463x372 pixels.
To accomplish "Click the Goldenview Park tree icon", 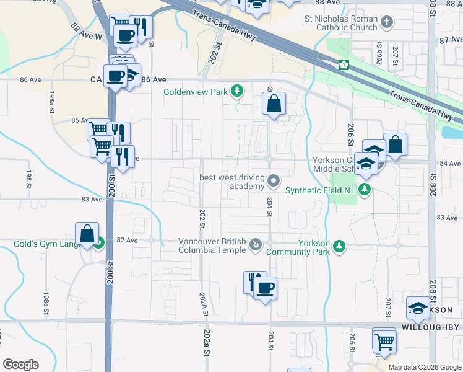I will pyautogui.click(x=236, y=92).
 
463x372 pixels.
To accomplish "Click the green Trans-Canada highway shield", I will pyautogui.click(x=343, y=64).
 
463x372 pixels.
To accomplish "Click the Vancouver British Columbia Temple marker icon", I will pyautogui.click(x=255, y=246).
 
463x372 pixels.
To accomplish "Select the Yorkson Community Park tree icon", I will pyautogui.click(x=339, y=246).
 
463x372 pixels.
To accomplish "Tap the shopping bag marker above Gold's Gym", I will pyautogui.click(x=87, y=234).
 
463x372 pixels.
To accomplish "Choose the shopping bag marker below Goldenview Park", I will pyautogui.click(x=274, y=103).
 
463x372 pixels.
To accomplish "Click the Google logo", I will pyautogui.click(x=20, y=365).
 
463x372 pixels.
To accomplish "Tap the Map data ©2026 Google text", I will pyautogui.click(x=424, y=367).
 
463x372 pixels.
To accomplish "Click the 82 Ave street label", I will pyautogui.click(x=126, y=240).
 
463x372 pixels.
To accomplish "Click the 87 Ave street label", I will pyautogui.click(x=452, y=39).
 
